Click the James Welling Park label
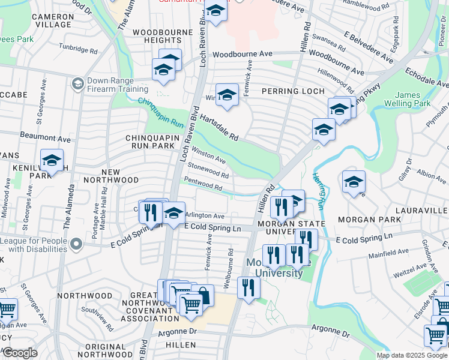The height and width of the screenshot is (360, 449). (414, 100)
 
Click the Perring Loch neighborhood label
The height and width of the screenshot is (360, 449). (292, 91)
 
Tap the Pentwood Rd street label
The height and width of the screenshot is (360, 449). (203, 184)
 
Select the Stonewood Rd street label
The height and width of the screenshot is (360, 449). (208, 171)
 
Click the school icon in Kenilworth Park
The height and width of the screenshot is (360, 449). (52, 161)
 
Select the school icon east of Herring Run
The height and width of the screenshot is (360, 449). (354, 182)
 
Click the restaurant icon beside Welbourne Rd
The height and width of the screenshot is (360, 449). (246, 288)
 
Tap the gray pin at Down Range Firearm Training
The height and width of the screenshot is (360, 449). (77, 84)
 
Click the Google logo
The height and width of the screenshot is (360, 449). (20, 353)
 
